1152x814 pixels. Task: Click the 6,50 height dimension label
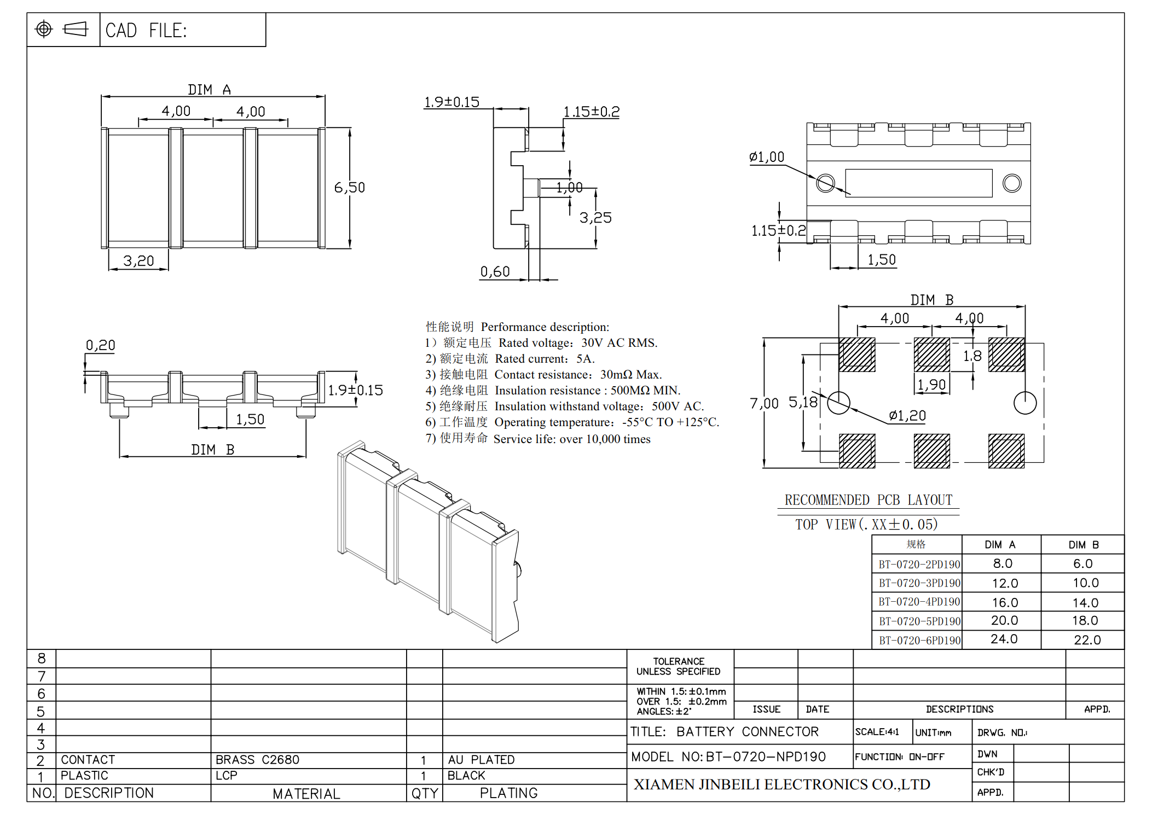click(x=349, y=188)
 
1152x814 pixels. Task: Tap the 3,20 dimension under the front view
click(x=138, y=261)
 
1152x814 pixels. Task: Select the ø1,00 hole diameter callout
click(x=767, y=158)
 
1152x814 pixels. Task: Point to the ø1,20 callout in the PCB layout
click(x=907, y=416)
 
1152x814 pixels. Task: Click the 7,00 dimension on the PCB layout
click(x=764, y=404)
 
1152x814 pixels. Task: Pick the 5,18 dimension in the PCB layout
click(x=803, y=403)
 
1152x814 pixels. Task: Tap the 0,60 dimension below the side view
click(x=495, y=272)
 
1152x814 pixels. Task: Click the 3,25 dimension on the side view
click(x=595, y=218)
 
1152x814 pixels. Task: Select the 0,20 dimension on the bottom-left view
click(x=101, y=345)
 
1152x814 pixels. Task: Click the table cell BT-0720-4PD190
click(x=919, y=602)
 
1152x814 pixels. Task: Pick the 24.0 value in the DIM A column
click(x=1004, y=639)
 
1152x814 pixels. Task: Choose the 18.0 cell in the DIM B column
click(x=1085, y=620)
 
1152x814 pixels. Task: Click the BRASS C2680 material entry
click(x=257, y=760)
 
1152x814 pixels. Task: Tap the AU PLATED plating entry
click(x=481, y=760)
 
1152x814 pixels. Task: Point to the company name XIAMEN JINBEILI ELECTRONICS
click(x=781, y=784)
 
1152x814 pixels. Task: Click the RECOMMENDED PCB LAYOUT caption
click(x=868, y=500)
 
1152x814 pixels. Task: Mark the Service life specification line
click(x=538, y=439)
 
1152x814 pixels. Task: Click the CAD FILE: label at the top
click(x=146, y=30)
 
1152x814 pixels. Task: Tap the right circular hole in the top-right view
click(x=1011, y=183)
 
